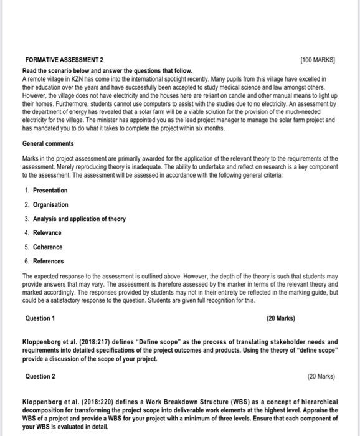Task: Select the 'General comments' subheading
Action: point(47,144)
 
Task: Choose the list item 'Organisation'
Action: point(50,204)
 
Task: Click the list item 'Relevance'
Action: point(47,233)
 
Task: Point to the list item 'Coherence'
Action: point(47,247)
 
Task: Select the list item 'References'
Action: point(49,262)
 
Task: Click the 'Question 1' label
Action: point(40,318)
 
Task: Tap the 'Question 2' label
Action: point(40,376)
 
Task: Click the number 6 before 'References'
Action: point(27,262)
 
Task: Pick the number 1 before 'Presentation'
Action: point(27,190)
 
